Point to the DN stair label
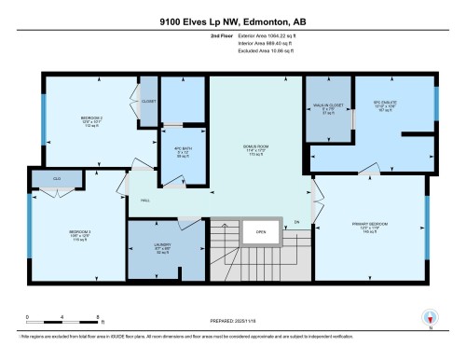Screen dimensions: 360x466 tap(296, 222)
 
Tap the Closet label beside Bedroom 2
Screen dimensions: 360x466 tap(148, 102)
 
